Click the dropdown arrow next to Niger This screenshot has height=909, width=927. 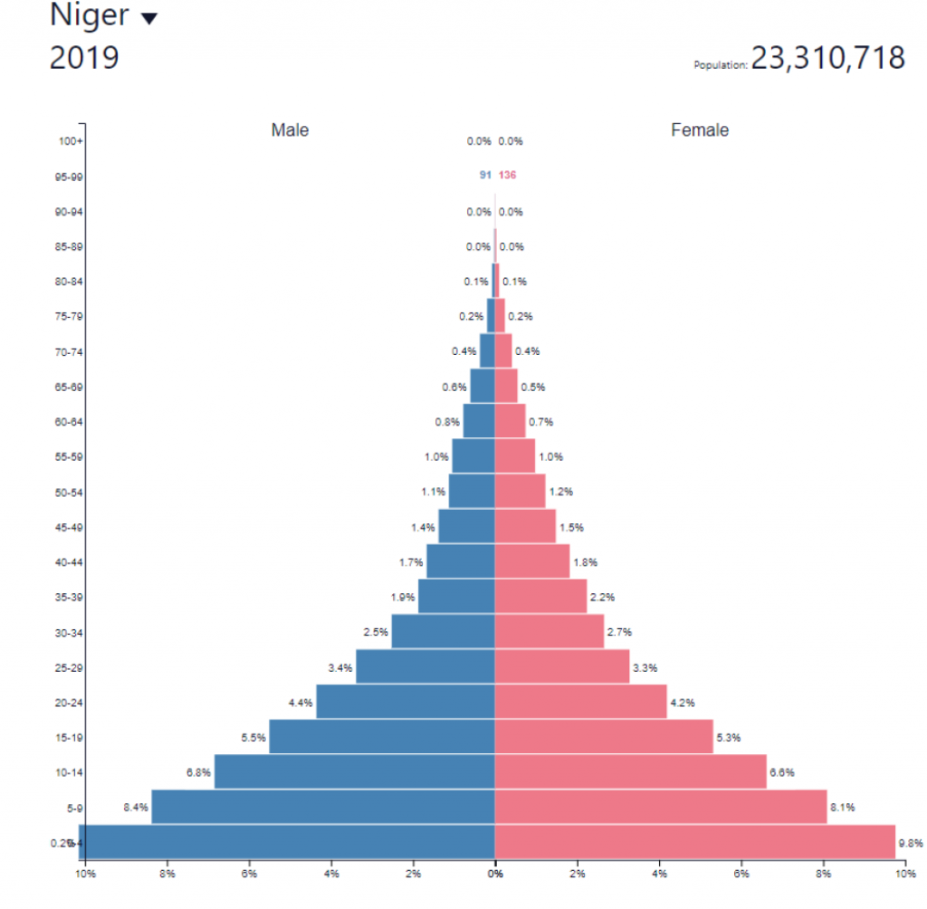[x=148, y=19]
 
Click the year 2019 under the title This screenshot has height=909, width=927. [x=84, y=58]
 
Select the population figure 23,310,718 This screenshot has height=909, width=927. [x=827, y=59]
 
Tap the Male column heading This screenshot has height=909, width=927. [x=290, y=130]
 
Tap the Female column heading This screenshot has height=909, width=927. [x=700, y=130]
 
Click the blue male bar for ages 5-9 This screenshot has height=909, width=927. [x=323, y=807]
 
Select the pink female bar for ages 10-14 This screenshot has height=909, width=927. [x=630, y=771]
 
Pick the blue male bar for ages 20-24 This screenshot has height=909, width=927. [x=406, y=702]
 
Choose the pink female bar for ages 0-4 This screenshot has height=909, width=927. [x=694, y=841]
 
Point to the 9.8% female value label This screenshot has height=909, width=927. [x=910, y=843]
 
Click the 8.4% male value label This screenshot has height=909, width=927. [x=135, y=807]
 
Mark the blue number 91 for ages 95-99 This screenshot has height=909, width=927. [x=485, y=175]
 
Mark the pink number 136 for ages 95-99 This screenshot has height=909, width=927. [x=507, y=175]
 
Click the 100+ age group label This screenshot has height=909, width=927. [x=70, y=141]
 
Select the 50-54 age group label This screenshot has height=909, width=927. [x=70, y=492]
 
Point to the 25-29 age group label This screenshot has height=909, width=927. [x=70, y=667]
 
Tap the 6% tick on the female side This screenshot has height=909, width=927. [x=741, y=874]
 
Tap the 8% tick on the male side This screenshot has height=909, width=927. [x=167, y=874]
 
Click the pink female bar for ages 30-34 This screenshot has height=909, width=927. [x=549, y=631]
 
